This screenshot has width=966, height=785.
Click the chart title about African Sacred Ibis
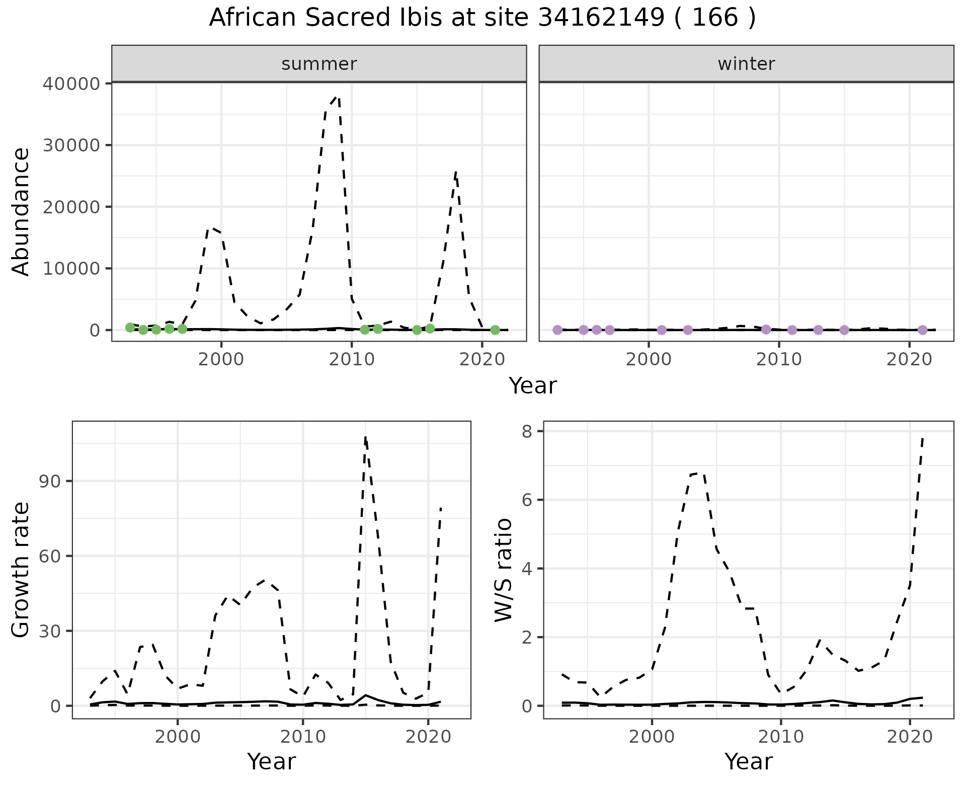click(482, 18)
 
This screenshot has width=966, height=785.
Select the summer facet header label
click(319, 64)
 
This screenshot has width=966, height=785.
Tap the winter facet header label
click(746, 64)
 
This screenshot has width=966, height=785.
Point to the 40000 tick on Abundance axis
click(71, 84)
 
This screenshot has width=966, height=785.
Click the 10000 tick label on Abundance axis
click(71, 269)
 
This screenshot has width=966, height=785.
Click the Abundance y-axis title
click(21, 211)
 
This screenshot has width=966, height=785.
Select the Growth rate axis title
click(21, 570)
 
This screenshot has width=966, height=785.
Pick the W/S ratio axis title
click(503, 570)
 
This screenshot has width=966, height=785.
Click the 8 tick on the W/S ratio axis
click(527, 431)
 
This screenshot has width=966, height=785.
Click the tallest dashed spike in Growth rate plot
click(365, 437)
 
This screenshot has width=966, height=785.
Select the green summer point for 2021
click(495, 330)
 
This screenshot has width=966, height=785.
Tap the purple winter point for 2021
click(922, 330)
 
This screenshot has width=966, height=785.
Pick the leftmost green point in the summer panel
click(130, 328)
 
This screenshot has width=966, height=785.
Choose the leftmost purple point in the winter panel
click(557, 330)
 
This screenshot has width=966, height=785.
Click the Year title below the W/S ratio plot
click(748, 762)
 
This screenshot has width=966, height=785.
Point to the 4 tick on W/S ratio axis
click(527, 569)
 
